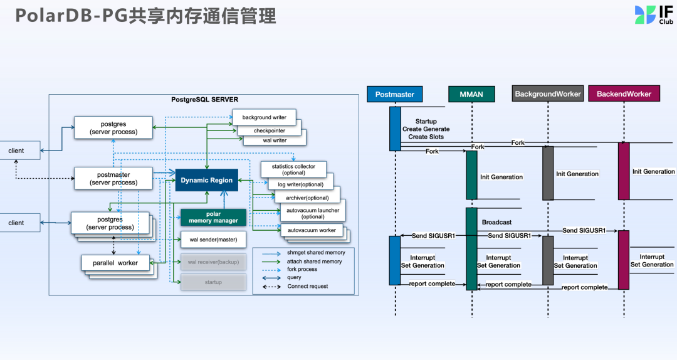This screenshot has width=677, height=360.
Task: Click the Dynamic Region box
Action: click(x=206, y=181)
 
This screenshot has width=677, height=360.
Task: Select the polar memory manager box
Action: click(x=213, y=218)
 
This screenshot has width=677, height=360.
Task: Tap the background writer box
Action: click(x=264, y=118)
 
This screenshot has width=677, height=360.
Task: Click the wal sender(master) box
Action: click(x=213, y=240)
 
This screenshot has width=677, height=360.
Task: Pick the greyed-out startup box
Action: click(x=213, y=282)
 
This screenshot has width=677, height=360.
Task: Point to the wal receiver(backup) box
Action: click(x=213, y=262)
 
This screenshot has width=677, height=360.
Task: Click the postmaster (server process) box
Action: click(x=113, y=178)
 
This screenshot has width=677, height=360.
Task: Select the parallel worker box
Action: click(x=115, y=263)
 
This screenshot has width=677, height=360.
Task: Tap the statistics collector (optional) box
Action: click(x=293, y=169)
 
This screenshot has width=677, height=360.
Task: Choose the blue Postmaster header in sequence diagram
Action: click(x=395, y=94)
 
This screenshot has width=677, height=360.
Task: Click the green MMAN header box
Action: click(x=471, y=94)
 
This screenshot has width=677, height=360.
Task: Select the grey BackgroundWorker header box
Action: click(x=548, y=94)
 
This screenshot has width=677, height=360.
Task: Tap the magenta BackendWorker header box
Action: click(x=624, y=94)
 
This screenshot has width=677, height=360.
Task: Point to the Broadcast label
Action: click(x=496, y=223)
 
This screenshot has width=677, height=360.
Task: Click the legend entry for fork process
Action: click(x=302, y=269)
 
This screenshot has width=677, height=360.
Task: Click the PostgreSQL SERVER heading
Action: click(x=204, y=100)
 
